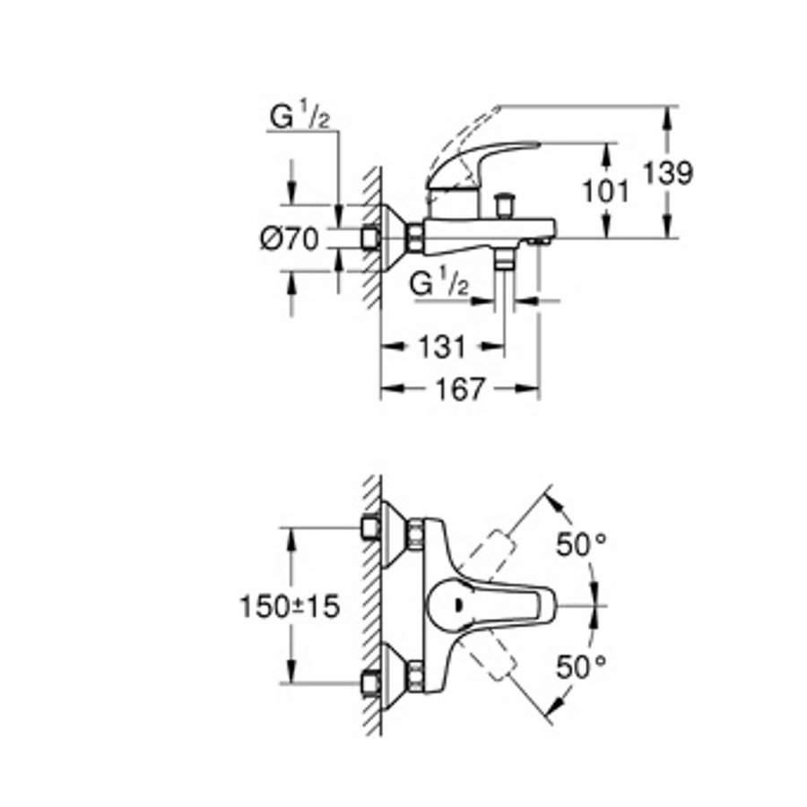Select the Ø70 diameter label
coord(291,239)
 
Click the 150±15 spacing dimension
coord(290,607)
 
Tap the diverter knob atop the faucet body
coord(504,203)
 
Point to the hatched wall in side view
coord(371,233)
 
